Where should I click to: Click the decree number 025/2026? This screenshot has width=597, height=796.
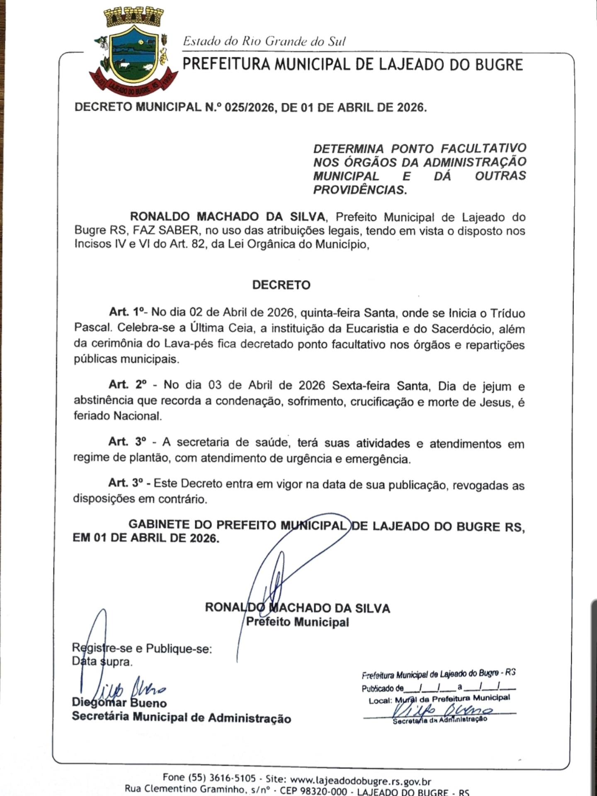[249, 108]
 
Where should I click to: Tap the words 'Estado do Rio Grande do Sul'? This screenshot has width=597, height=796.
[265, 41]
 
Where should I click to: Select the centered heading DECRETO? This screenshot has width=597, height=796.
[281, 285]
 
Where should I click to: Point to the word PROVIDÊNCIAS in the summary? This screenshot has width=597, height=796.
[359, 190]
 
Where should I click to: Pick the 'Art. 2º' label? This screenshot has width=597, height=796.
[128, 385]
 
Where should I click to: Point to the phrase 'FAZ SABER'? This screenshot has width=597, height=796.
[166, 231]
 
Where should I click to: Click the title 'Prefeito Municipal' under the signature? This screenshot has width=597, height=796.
[297, 622]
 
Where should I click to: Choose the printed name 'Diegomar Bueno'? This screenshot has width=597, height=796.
[119, 703]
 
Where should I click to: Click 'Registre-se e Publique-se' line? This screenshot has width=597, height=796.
[142, 648]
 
